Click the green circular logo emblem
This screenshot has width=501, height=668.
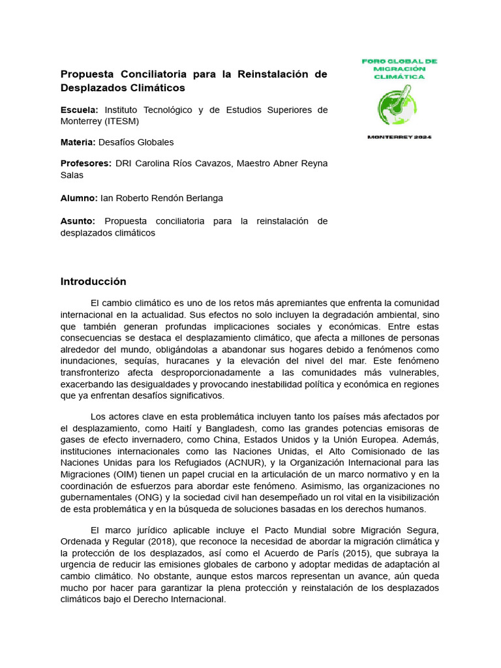point(398,106)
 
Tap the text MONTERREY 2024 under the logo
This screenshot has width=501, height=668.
point(399,137)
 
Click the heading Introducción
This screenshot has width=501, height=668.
point(93,282)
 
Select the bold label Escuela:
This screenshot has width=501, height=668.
point(79,110)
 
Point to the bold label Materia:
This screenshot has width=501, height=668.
point(78,142)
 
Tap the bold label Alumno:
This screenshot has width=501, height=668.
point(79,198)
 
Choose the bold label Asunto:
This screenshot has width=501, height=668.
point(78,221)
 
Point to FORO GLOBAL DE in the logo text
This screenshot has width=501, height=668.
point(399,61)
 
